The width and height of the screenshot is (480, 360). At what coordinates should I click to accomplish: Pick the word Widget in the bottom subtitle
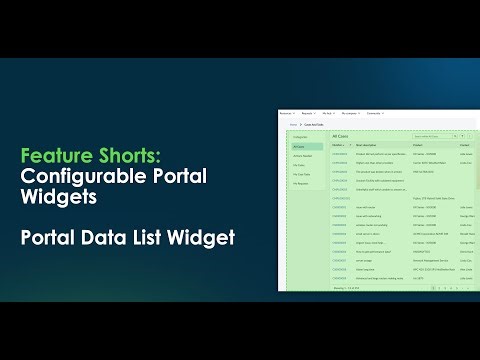click(209, 238)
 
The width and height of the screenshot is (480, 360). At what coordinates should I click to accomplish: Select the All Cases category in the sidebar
click(298, 147)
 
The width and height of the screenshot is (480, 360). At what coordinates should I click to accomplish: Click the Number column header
click(337, 144)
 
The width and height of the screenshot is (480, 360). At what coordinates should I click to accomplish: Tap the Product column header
click(416, 144)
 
